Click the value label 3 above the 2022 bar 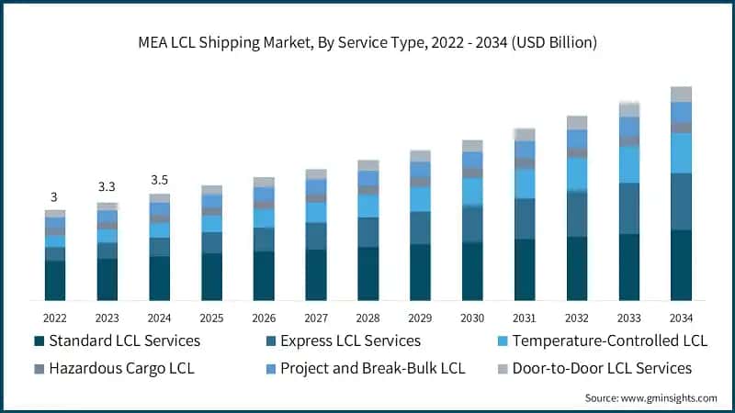point(54,197)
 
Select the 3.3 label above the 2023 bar point(107,187)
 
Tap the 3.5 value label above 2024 point(159,180)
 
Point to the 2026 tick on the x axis point(264,317)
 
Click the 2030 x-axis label point(472,317)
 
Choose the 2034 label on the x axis point(681,317)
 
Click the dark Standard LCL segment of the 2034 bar point(681,265)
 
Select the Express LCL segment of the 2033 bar point(628,208)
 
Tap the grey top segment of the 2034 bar point(681,94)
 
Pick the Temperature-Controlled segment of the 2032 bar point(577,173)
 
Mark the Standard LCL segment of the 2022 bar point(54,280)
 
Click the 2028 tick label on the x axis point(368,317)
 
